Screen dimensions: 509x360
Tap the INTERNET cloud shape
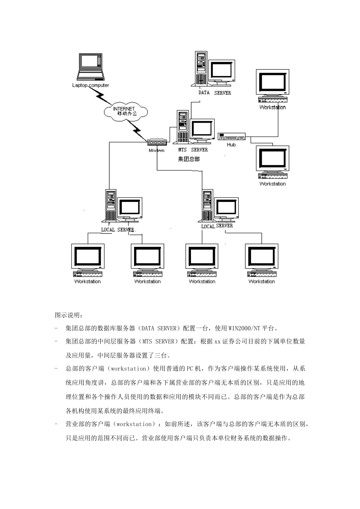coord(125,111)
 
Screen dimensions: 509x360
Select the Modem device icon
coord(157,143)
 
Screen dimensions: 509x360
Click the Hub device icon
coord(232,137)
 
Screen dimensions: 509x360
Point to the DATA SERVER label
coord(214,93)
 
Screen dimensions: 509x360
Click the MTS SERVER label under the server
coord(193,150)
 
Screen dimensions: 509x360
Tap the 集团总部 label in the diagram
coord(189,159)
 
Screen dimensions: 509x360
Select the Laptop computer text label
coord(91,85)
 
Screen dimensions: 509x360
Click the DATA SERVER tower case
coord(201,68)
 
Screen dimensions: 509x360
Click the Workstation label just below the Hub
coord(272,184)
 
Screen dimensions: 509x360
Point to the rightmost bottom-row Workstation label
coord(261,281)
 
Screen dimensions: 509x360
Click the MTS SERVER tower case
coord(182,127)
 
